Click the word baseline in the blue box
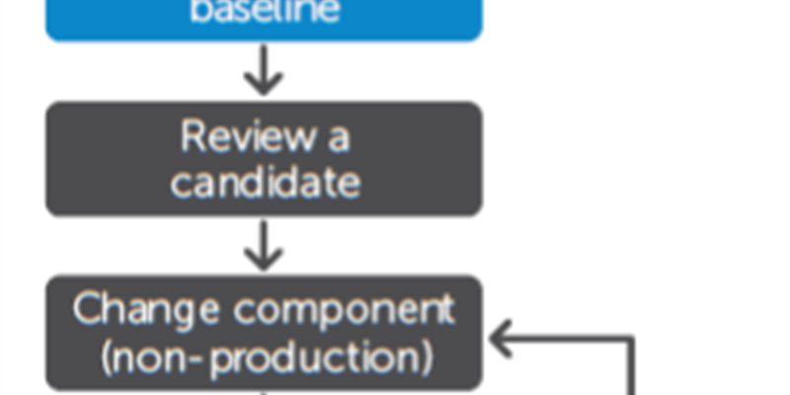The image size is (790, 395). (264, 12)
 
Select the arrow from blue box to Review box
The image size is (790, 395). (263, 72)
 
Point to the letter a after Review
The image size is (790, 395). (338, 140)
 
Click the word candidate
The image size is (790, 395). (264, 182)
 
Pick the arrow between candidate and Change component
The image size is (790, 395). (263, 246)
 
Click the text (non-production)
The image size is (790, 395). (265, 356)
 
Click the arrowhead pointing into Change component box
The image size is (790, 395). (500, 339)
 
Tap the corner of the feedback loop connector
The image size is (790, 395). (629, 339)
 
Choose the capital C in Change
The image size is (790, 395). (88, 309)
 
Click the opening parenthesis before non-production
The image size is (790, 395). (107, 357)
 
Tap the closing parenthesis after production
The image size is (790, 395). (426, 357)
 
